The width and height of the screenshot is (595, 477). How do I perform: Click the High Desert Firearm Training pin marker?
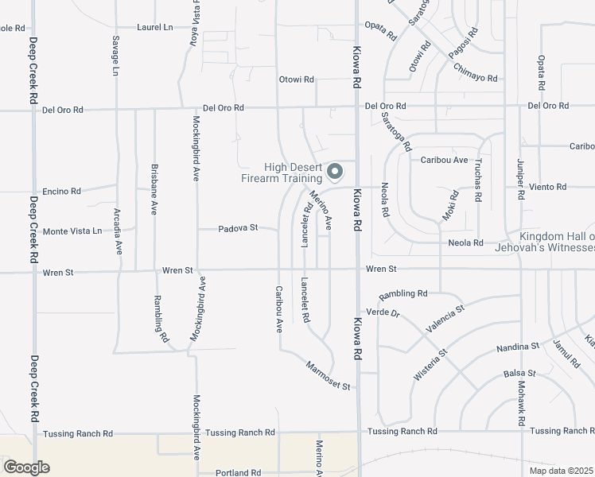coord(336,172)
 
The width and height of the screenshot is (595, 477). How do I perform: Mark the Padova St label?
coord(239,228)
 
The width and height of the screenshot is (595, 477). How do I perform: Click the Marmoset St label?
coord(328,375)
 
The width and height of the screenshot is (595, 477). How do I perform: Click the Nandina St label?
coord(518,347)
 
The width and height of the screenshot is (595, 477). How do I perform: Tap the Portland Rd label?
coord(239,472)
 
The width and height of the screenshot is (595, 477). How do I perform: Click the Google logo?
coord(26,467)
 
